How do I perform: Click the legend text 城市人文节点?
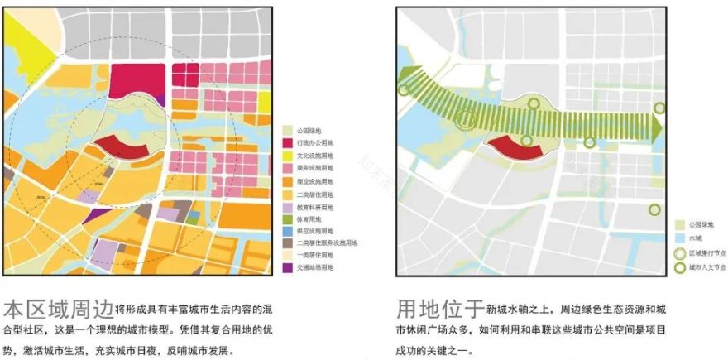(708, 267)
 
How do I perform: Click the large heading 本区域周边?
(58, 311)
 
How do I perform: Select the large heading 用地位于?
(440, 310)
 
